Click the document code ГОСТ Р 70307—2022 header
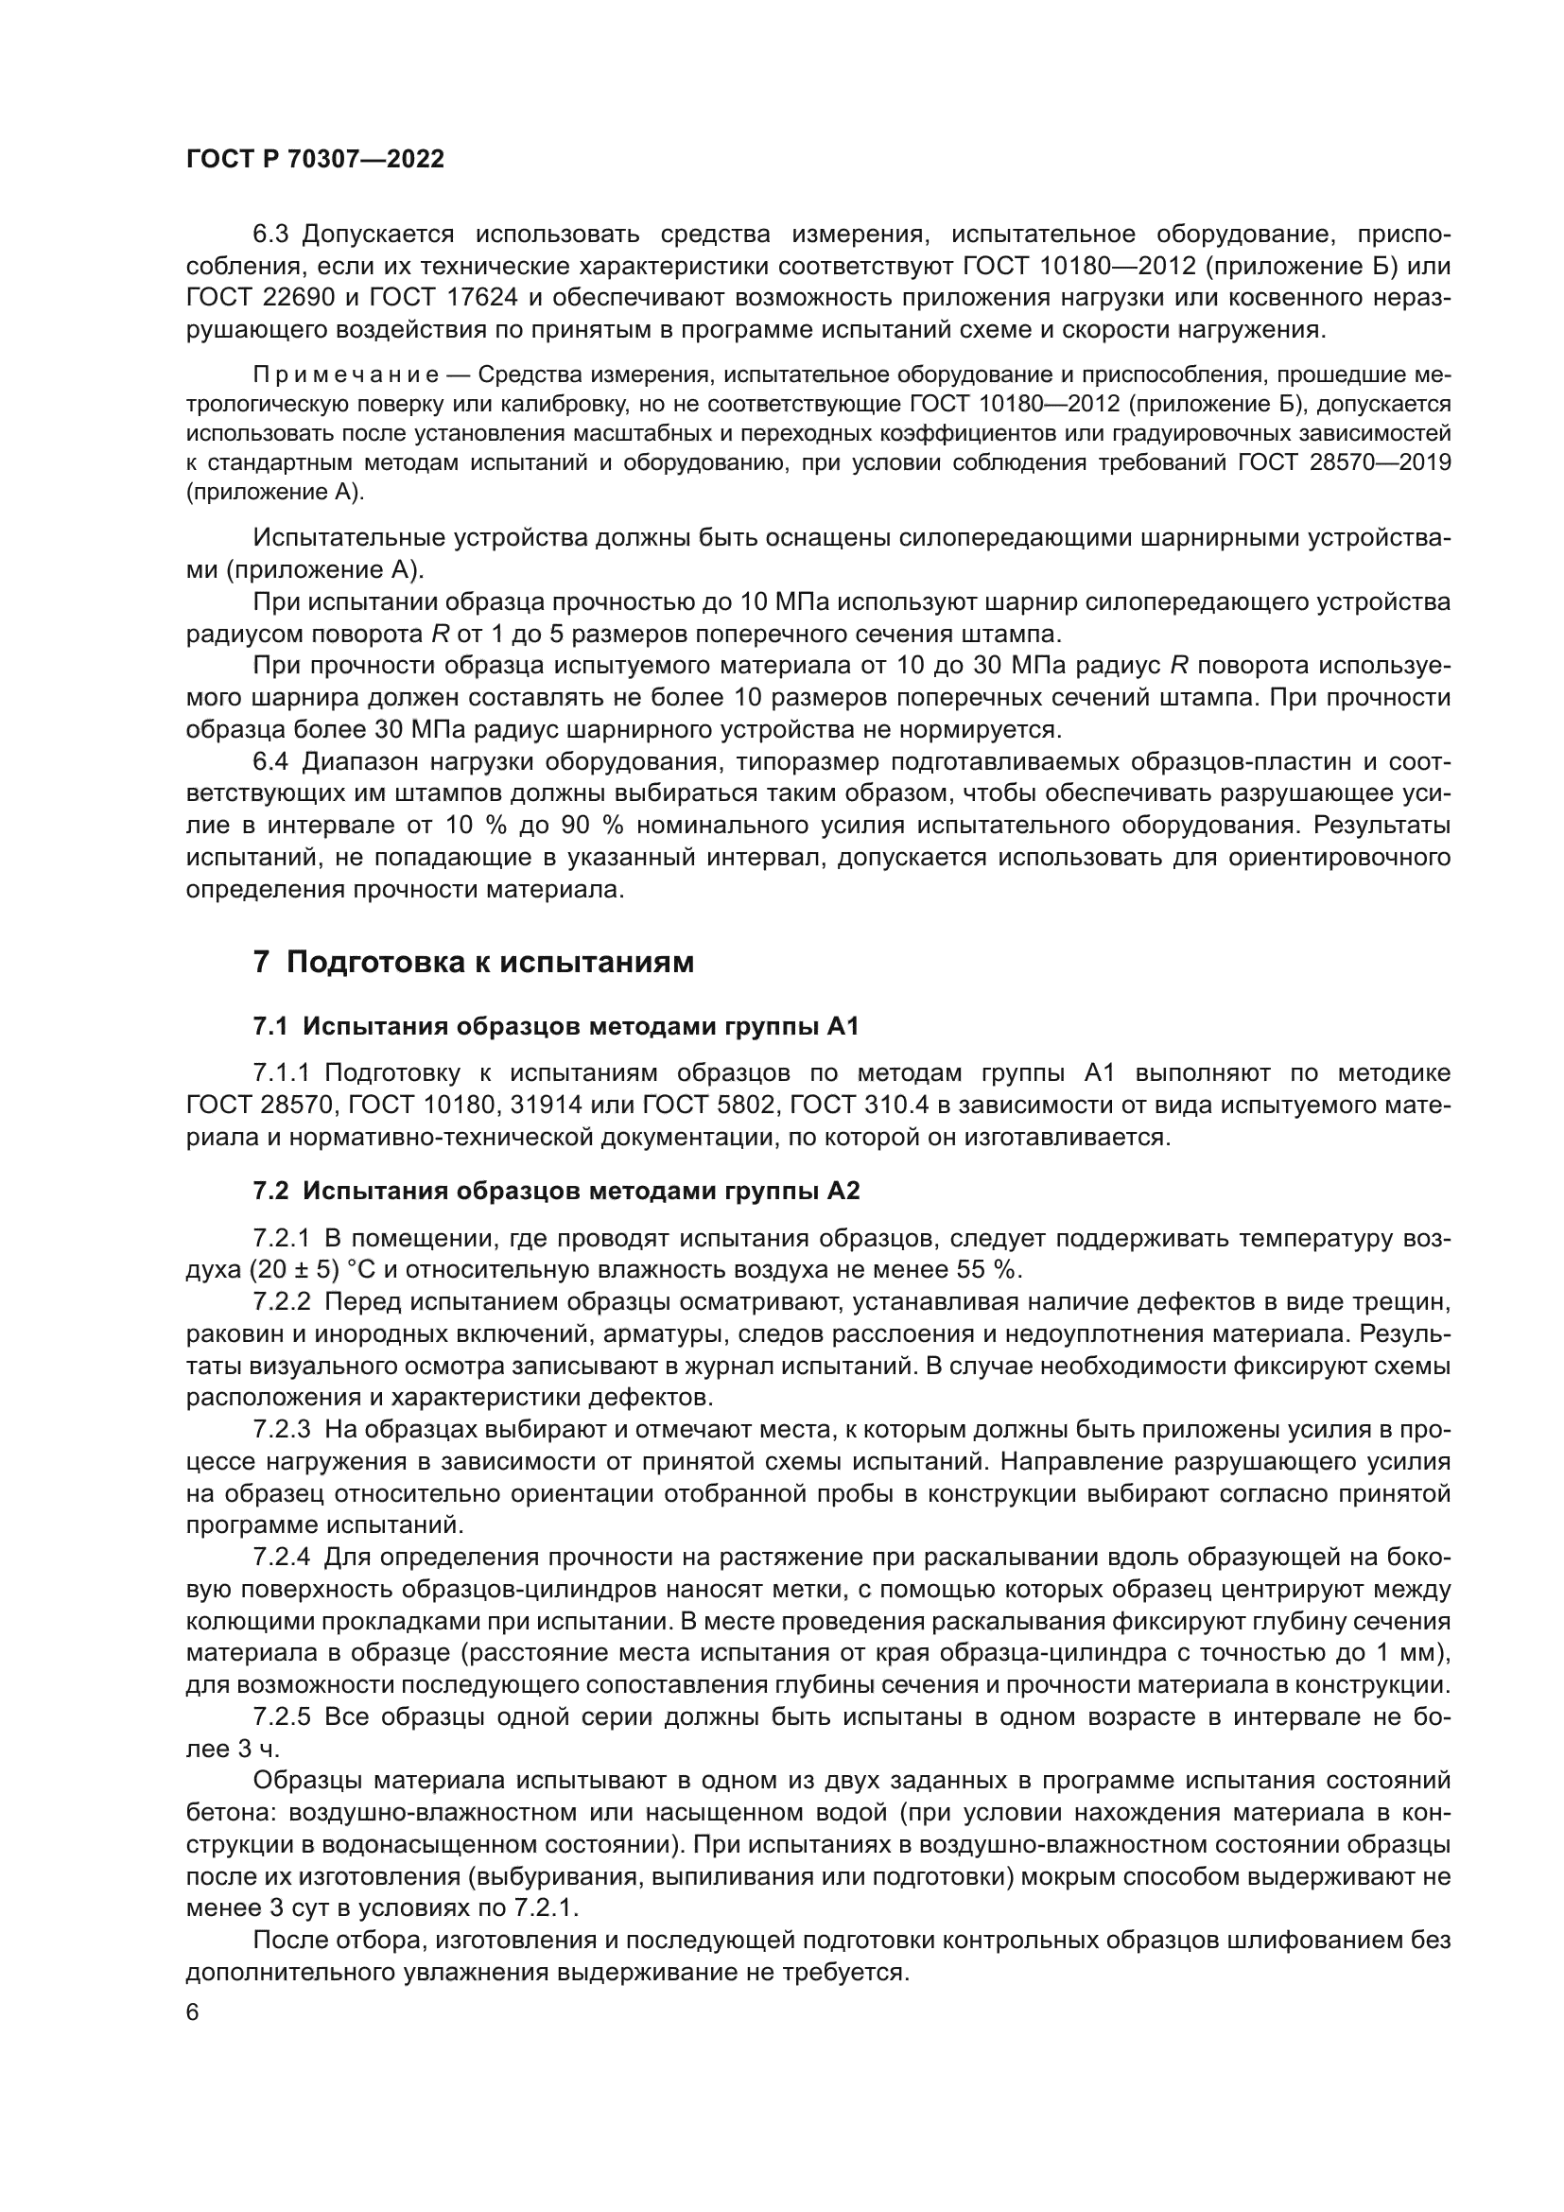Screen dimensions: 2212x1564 point(315,160)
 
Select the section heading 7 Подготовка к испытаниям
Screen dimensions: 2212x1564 point(473,962)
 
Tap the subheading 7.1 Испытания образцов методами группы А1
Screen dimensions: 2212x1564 point(556,1026)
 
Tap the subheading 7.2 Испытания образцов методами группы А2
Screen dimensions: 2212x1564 point(556,1191)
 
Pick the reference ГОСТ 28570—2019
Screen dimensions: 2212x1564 point(1344,462)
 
